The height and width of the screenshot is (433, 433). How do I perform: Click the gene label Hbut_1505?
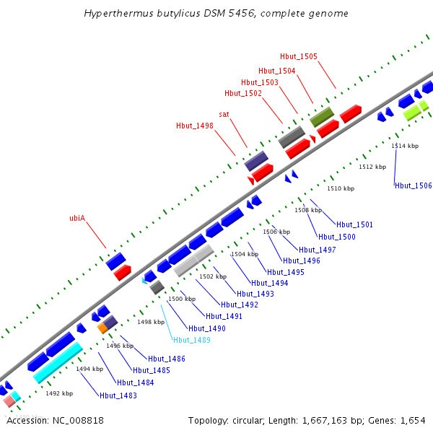[x=298, y=56]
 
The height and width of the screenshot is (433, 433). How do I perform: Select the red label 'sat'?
[x=224, y=114]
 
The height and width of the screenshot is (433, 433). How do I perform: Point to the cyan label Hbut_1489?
[x=191, y=340]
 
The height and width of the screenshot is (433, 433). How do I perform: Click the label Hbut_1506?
[x=414, y=186]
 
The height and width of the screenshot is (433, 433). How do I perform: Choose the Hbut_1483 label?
[x=118, y=396]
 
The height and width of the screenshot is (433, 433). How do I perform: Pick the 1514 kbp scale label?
[x=405, y=146]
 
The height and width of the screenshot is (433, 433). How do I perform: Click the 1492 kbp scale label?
[x=59, y=393]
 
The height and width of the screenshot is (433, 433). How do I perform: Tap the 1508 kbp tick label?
[x=308, y=210]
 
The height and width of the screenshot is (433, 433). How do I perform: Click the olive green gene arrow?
[x=321, y=116]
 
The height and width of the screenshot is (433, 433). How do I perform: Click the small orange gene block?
[x=102, y=328]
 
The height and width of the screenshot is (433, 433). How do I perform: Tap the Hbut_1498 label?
[x=195, y=126]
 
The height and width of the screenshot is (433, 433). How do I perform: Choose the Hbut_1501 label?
[x=354, y=225]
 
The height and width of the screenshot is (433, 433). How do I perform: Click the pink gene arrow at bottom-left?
[x=9, y=401]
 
